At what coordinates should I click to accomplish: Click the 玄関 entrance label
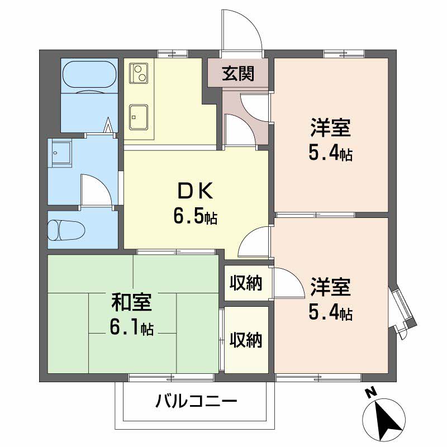238,73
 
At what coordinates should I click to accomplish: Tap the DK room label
195,191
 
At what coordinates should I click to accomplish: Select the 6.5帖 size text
195,216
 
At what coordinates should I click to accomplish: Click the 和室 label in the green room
131,302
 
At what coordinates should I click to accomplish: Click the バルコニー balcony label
196,401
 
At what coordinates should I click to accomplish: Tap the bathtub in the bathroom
89,74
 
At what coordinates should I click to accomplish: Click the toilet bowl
66,230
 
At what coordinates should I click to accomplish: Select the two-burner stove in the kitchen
139,73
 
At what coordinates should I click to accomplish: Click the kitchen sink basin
139,117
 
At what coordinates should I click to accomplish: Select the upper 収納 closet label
246,283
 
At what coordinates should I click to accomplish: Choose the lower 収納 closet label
246,340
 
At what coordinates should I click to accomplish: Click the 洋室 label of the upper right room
330,128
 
